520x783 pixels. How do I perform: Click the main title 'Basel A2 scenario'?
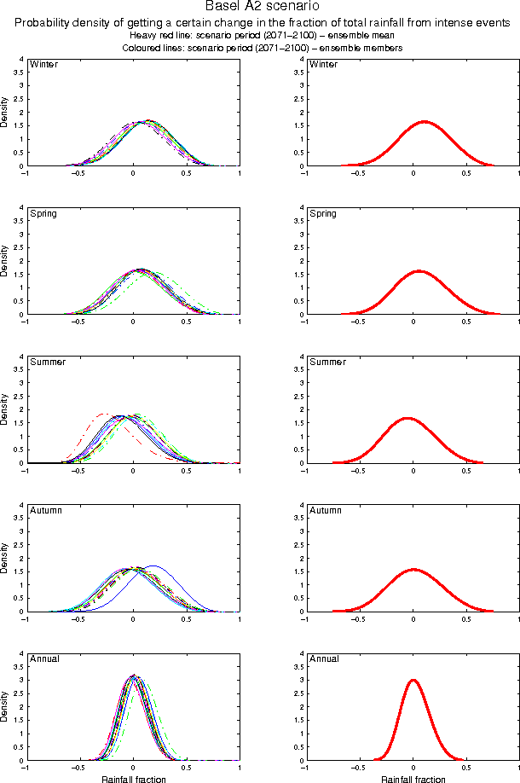tap(260, 8)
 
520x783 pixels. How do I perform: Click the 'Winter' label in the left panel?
tap(43, 65)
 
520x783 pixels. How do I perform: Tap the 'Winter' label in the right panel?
tap(323, 65)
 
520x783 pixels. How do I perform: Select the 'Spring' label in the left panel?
tap(43, 213)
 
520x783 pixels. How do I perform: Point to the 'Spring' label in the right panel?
tap(323, 213)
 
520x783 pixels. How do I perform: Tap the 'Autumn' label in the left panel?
tap(46, 510)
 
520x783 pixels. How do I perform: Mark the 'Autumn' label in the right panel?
tap(326, 510)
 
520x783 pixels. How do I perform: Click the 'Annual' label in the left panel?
tap(44, 658)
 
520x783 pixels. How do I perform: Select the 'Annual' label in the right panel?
tap(324, 658)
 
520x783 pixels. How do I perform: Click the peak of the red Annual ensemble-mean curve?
tap(413, 681)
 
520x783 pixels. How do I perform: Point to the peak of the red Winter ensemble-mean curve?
tap(424, 122)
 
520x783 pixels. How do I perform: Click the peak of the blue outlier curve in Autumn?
tap(154, 566)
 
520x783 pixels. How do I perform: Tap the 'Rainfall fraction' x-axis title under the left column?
tap(133, 779)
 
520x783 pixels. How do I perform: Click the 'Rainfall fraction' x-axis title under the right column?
tap(413, 779)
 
